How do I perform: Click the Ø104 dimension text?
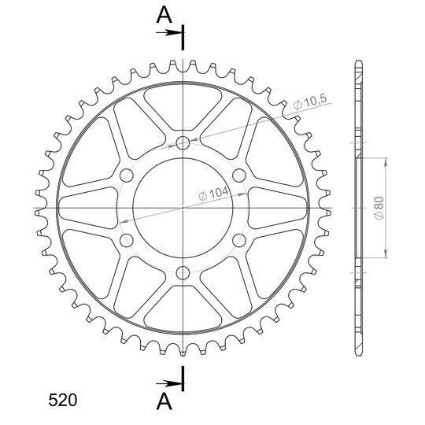[x=213, y=194]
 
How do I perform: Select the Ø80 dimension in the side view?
[x=379, y=208]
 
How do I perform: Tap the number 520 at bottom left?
[x=63, y=400]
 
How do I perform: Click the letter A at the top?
[x=164, y=15]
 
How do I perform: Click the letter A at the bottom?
[x=164, y=401]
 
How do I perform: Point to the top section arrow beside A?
[x=169, y=33]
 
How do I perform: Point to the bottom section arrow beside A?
[x=169, y=383]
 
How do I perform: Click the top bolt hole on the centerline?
[x=183, y=142]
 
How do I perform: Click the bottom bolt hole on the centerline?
[x=183, y=273]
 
